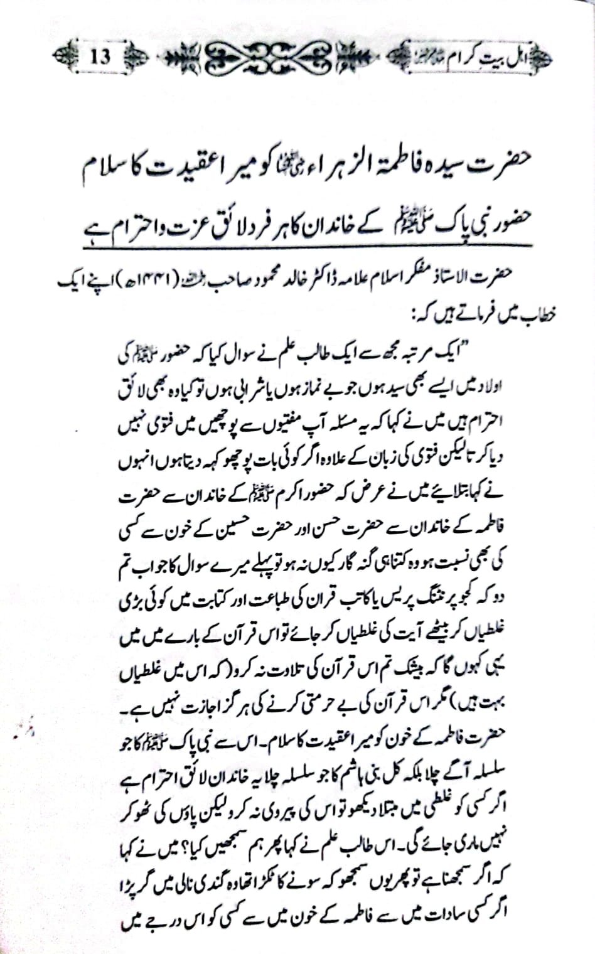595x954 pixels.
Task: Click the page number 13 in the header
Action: [x=101, y=57]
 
